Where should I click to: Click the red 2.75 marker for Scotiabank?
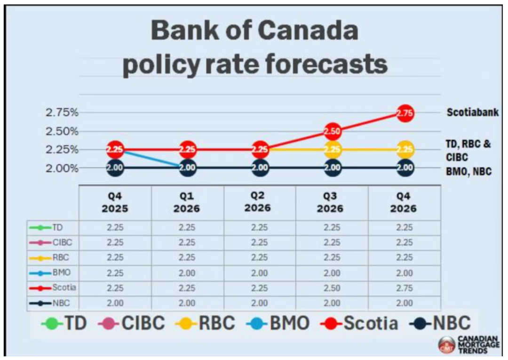click(x=405, y=113)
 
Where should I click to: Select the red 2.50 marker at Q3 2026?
click(x=332, y=131)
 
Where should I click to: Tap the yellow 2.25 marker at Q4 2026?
click(x=405, y=150)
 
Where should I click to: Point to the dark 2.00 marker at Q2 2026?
click(x=260, y=168)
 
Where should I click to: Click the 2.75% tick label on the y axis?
click(x=62, y=113)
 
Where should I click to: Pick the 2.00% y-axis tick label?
click(x=62, y=168)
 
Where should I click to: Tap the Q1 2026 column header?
click(x=187, y=202)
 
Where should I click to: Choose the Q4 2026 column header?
click(x=403, y=202)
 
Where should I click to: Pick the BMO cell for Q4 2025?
click(x=115, y=273)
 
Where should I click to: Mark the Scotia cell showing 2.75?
click(x=403, y=288)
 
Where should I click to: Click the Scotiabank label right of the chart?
click(x=472, y=113)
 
